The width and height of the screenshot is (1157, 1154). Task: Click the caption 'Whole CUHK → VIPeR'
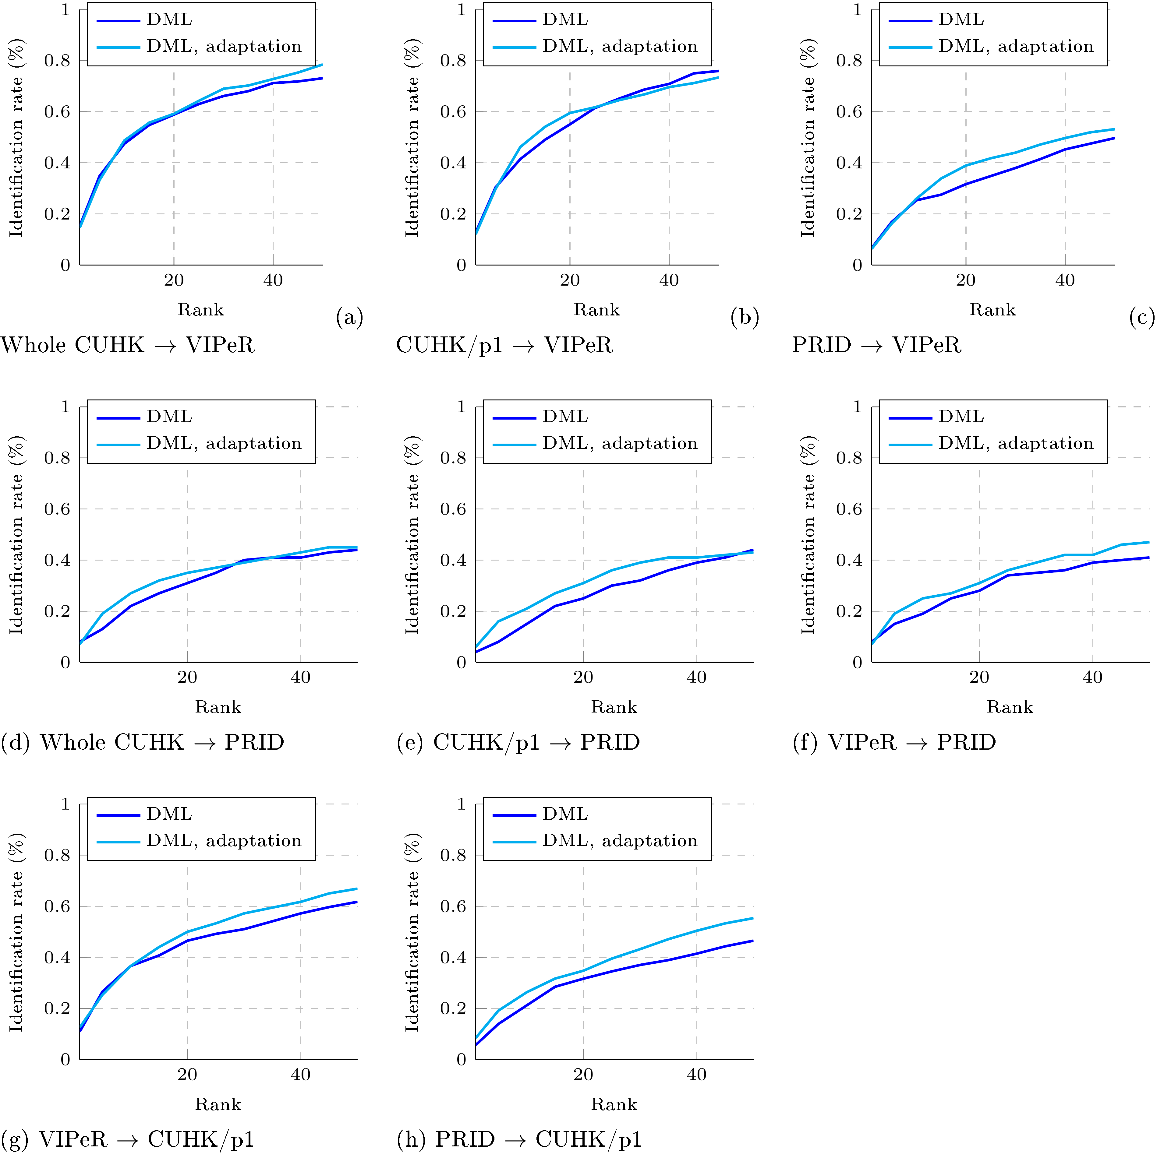(x=128, y=345)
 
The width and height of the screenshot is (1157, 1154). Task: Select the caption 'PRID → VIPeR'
(x=876, y=345)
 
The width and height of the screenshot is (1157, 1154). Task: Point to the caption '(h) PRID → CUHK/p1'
(x=519, y=1139)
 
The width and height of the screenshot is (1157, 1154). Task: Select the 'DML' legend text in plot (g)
(x=169, y=814)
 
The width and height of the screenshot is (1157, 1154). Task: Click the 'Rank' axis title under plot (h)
(x=614, y=1104)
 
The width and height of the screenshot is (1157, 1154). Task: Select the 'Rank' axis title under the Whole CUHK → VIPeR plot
(x=201, y=310)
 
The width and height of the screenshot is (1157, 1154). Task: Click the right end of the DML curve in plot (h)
(x=752, y=941)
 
